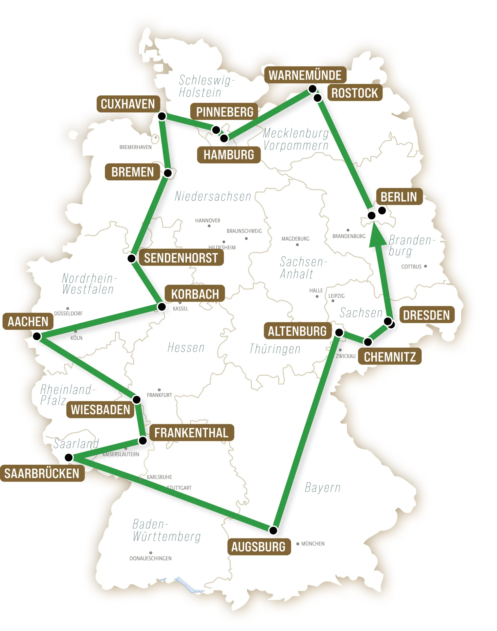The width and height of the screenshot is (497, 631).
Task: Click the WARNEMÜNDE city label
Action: pyautogui.click(x=305, y=75)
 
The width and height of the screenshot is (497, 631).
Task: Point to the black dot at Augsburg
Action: pyautogui.click(x=273, y=530)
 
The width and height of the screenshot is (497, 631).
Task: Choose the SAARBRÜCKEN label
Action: pyautogui.click(x=42, y=473)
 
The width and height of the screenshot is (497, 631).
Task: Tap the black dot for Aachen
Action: pyautogui.click(x=37, y=336)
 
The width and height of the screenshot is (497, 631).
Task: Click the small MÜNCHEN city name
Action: pyautogui.click(x=313, y=543)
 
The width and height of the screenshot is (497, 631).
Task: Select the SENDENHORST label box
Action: pyautogui.click(x=181, y=258)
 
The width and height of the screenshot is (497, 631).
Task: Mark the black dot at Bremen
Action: pyautogui.click(x=168, y=173)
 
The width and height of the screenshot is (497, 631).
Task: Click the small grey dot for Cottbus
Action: pyautogui.click(x=425, y=266)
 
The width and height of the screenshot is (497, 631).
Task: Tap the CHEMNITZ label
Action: pyautogui.click(x=390, y=357)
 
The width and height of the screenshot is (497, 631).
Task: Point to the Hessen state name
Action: pyautogui.click(x=186, y=348)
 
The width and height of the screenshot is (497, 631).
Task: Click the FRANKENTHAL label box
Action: pyautogui.click(x=192, y=433)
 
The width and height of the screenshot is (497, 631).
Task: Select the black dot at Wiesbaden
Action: pyautogui.click(x=136, y=399)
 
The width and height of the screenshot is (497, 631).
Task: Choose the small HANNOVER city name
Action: pyautogui.click(x=208, y=221)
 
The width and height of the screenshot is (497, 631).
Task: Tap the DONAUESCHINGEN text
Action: pyautogui.click(x=150, y=559)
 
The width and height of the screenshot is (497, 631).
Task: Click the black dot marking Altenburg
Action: pyautogui.click(x=339, y=333)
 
